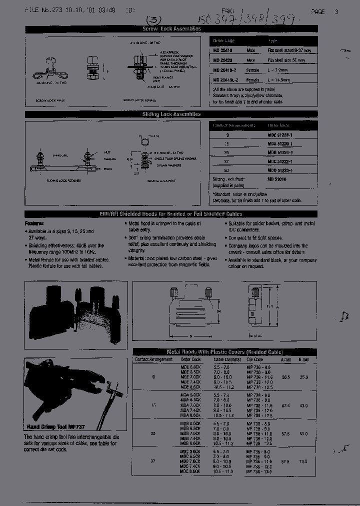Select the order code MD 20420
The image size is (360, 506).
(223, 60)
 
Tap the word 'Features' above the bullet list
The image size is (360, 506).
(34, 225)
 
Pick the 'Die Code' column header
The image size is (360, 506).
(254, 359)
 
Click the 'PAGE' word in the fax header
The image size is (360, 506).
(318, 11)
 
